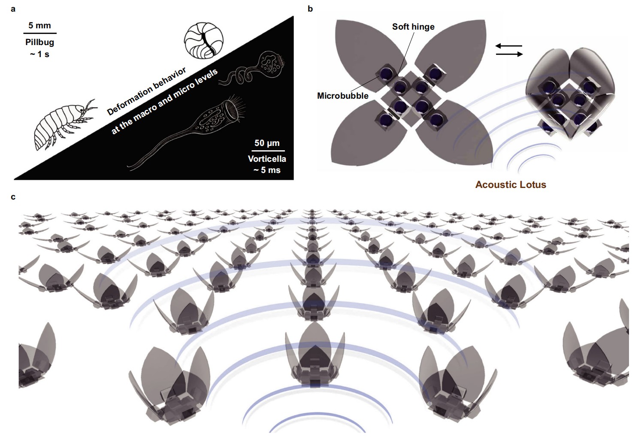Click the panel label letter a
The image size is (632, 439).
[x=13, y=9]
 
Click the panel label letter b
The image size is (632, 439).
[x=310, y=9]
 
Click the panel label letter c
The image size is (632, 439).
[x=13, y=197]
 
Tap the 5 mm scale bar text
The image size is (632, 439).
[x=39, y=25]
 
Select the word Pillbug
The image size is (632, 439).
[x=40, y=42]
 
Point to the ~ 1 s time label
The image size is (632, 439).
[x=40, y=54]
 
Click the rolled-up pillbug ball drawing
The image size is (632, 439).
[x=204, y=41]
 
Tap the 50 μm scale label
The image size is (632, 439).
[x=267, y=143]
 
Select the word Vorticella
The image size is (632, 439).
[x=267, y=159]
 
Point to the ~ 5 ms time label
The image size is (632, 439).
[x=267, y=170]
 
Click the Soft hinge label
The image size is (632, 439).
[x=413, y=27]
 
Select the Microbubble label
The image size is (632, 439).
[x=343, y=96]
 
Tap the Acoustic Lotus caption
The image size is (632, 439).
[x=511, y=185]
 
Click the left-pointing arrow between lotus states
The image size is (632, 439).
[x=509, y=46]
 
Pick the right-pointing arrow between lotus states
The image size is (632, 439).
[x=509, y=54]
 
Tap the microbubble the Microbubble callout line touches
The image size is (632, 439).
[x=385, y=74]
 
